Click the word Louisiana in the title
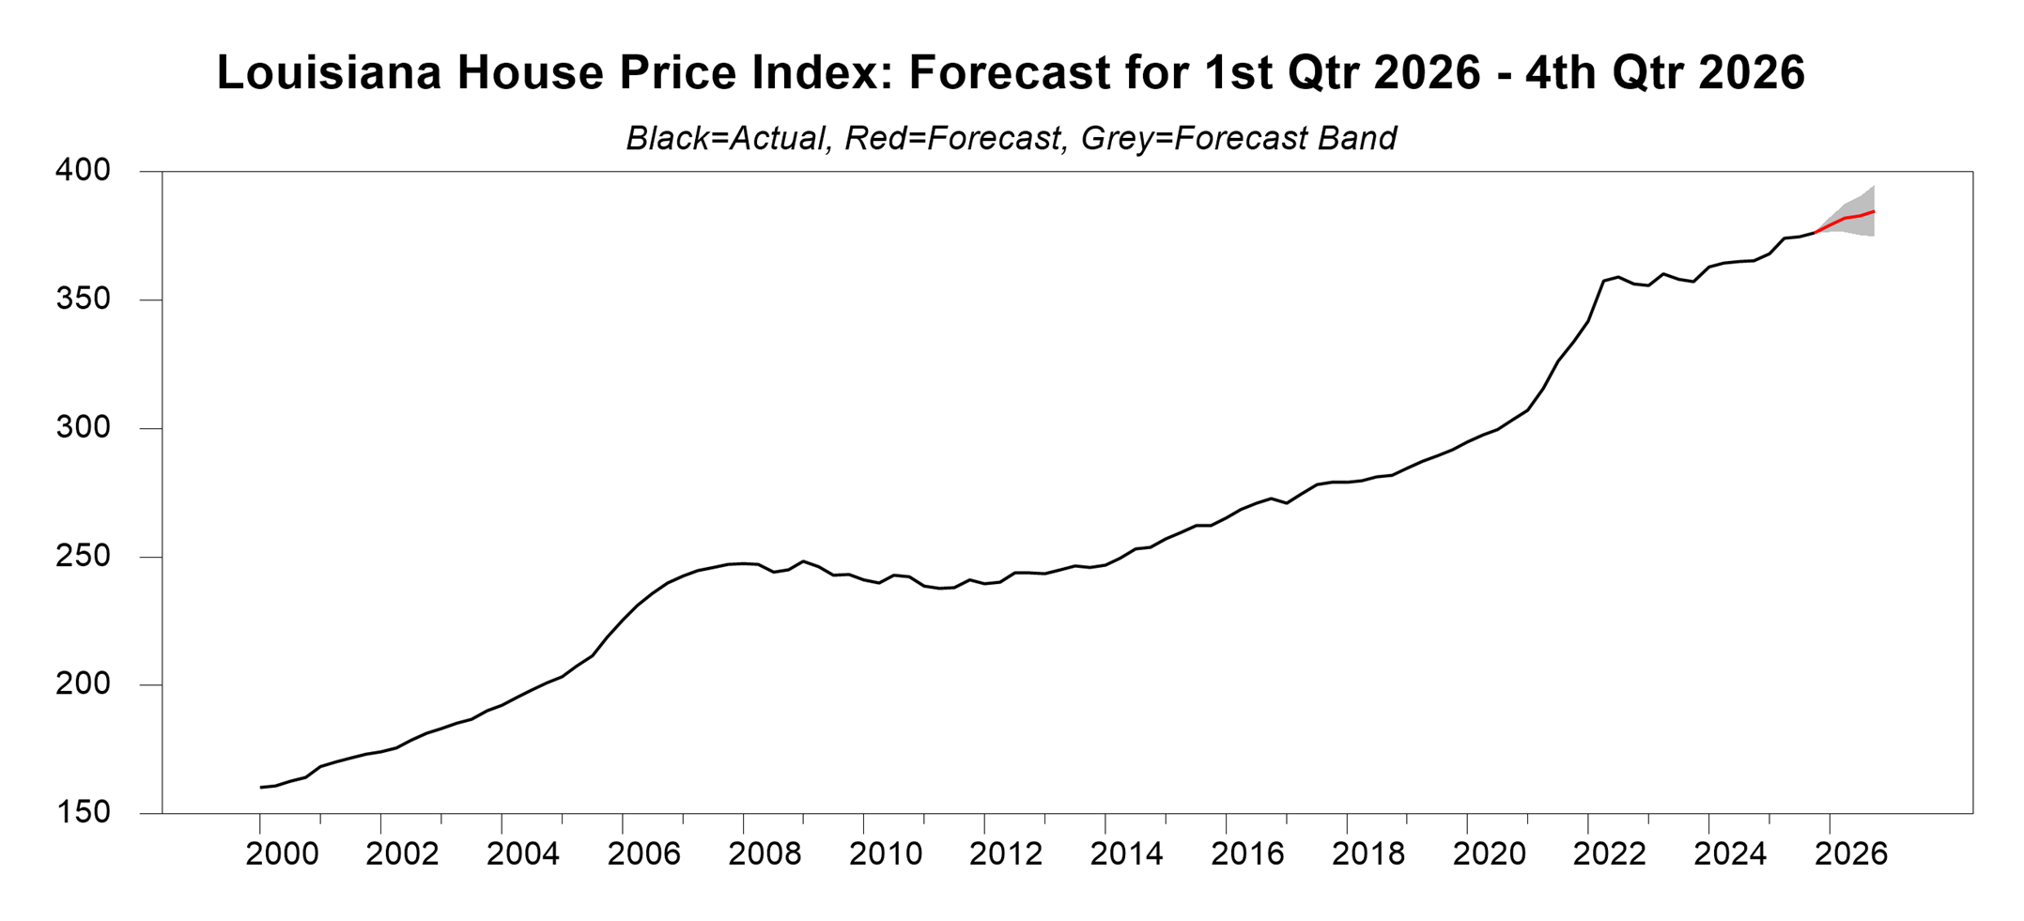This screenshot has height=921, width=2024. coord(329,73)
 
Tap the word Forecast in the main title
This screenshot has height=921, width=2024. coord(1010,73)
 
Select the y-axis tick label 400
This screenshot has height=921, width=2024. coord(83,171)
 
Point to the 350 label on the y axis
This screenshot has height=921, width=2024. coord(83,299)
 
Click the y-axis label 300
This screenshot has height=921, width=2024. coord(83,428)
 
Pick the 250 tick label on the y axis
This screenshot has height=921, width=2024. coord(83,557)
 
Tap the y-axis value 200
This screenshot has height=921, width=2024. coord(83,684)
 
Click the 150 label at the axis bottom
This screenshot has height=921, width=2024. coord(83,813)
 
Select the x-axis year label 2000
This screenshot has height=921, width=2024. coord(282,854)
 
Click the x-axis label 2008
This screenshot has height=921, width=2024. coord(765,854)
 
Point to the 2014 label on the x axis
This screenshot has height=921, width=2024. coord(1126,854)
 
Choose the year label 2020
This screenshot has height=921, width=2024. coord(1489,854)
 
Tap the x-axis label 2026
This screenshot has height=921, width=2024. coord(1850,854)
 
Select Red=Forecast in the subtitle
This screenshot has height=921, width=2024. coord(952,139)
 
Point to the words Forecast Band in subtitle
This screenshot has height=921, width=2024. coord(1285,139)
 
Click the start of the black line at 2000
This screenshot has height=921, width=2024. coord(261,787)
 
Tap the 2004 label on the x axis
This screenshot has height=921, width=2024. coord(523,854)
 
